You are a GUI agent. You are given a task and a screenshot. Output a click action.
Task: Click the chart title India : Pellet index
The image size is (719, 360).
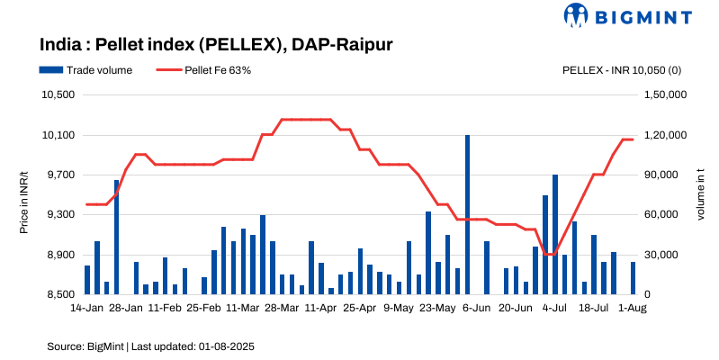217,43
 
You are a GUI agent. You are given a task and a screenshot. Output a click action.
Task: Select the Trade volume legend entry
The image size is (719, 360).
85,69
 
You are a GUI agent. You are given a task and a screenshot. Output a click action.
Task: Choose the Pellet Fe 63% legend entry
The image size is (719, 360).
203,69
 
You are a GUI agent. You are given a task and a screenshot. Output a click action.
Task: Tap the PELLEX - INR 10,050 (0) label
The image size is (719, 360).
621,69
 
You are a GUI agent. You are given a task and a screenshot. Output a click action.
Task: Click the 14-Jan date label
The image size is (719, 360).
86,307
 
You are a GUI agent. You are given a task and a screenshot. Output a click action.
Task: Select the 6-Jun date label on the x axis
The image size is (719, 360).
477,307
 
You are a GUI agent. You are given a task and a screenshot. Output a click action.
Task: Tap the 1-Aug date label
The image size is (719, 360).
633,307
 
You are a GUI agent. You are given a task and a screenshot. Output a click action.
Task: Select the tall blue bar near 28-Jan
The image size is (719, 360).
116,237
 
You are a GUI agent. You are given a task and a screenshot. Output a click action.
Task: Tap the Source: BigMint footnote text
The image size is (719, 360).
85,346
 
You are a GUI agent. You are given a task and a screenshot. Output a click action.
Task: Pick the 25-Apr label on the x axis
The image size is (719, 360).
360,307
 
